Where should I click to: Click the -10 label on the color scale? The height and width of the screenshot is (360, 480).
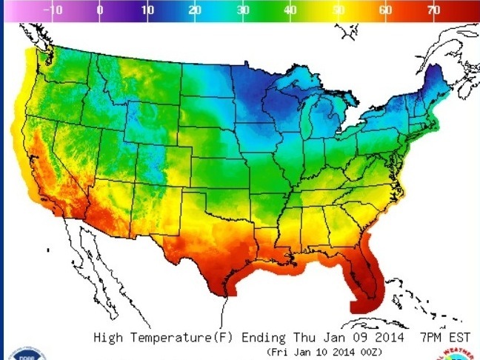54,11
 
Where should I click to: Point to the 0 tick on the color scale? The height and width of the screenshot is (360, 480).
100,11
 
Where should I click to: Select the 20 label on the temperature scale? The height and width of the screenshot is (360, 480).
194,11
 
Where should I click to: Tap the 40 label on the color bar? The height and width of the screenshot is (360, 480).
290,11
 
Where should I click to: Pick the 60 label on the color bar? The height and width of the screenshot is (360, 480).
385,11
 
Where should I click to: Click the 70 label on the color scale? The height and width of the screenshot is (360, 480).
433,11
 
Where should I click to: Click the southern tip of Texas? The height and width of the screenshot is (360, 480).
224,292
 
